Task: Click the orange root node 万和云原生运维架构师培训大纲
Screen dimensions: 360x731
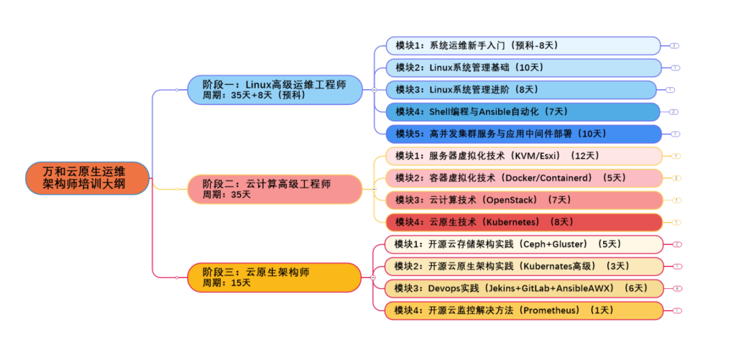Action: (x=87, y=178)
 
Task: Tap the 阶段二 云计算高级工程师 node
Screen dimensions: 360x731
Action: (x=274, y=189)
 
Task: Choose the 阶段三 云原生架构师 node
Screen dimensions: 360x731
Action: (x=274, y=277)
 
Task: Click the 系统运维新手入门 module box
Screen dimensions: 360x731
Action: (x=523, y=45)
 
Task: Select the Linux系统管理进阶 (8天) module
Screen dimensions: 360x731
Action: (x=521, y=89)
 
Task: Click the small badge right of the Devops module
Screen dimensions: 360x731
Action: (x=677, y=288)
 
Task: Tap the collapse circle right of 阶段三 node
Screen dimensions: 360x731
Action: (x=373, y=277)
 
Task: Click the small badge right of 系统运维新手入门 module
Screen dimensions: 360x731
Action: (x=674, y=45)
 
